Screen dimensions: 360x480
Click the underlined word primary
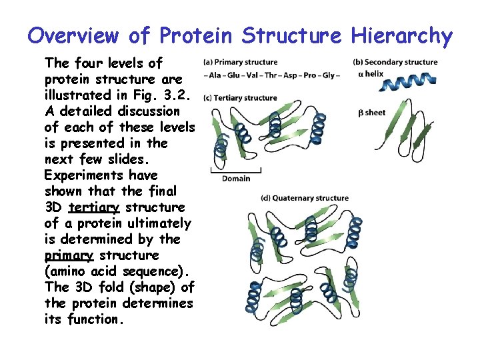point(69,255)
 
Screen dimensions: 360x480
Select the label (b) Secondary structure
point(395,63)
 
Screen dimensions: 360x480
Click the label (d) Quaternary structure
point(305,198)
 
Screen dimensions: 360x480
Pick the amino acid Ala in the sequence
point(215,75)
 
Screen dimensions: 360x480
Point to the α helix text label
point(371,74)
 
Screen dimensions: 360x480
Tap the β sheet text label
point(372,113)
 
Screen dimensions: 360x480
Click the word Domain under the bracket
point(235,178)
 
